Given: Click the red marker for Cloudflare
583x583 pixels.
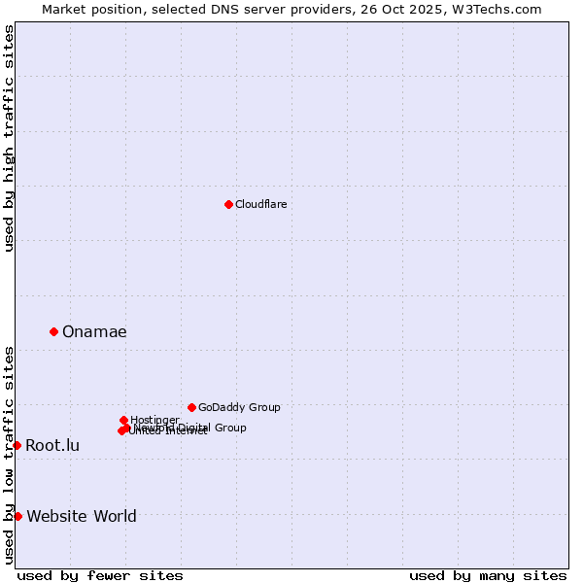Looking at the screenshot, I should coord(228,204).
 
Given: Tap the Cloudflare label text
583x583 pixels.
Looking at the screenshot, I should coord(260,204).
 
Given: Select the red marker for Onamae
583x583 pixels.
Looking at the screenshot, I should coord(53,331).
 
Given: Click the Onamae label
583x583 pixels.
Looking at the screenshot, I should coord(94,332).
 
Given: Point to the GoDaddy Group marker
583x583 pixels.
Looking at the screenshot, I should coord(191,407).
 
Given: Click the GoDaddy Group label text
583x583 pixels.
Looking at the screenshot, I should coord(239,407).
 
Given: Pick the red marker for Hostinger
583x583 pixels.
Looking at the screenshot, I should coord(123,420).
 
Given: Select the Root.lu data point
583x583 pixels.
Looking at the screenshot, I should coord(17,445).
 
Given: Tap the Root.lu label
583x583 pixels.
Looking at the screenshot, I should coord(52,446).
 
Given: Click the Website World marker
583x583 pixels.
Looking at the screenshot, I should coord(17,516).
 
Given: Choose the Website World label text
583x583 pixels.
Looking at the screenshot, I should coord(82,517).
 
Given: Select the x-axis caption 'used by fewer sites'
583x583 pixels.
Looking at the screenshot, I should coord(100,575).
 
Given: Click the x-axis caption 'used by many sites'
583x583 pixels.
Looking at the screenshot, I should coord(488,575).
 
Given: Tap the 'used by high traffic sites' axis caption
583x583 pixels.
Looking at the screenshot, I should coord(9,138).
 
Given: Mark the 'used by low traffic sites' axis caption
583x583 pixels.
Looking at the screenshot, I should coord(9,455).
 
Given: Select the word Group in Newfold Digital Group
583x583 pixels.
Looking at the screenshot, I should coord(229,428).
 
